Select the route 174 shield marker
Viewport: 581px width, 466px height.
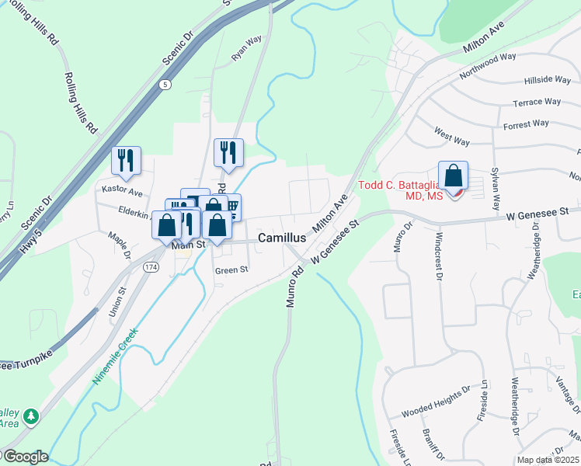click(150, 267)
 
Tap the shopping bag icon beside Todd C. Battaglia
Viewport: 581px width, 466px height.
click(453, 176)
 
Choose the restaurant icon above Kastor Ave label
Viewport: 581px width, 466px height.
click(126, 161)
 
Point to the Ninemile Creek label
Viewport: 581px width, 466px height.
click(115, 357)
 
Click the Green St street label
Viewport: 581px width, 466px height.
click(231, 270)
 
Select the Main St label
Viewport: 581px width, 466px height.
click(187, 245)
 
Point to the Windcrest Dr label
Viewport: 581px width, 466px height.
click(439, 255)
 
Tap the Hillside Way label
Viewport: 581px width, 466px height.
click(548, 79)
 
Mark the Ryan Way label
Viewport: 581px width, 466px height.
click(247, 50)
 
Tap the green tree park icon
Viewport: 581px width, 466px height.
click(31, 417)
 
